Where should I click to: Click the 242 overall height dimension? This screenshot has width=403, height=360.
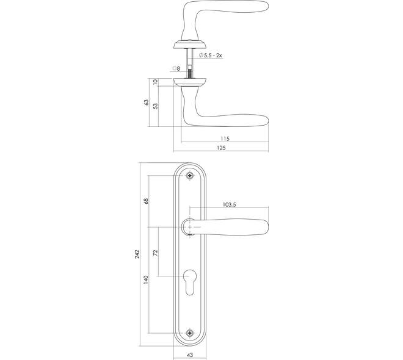coord(137,254)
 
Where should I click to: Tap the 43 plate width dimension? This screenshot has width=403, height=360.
coord(190,355)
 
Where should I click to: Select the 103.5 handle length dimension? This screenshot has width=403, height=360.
coord(229,204)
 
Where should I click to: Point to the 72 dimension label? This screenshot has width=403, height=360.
coord(155,253)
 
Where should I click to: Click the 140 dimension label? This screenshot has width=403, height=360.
coord(146,279)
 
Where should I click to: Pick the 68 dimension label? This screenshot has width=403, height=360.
coord(146,201)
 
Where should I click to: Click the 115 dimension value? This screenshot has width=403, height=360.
coord(225,139)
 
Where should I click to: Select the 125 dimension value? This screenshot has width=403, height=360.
coord(221,148)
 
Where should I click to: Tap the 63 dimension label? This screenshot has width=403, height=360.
coord(147,102)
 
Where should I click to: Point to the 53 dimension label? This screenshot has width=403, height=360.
coord(156,106)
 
